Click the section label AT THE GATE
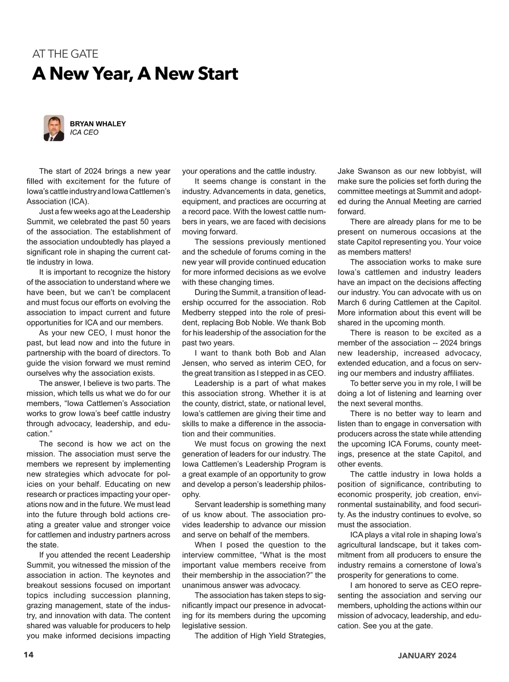point(65,54)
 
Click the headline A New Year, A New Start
point(135,74)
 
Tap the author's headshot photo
point(54,128)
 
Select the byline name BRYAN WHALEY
point(98,124)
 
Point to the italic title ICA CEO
point(84,132)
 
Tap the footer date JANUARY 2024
point(427,655)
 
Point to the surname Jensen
point(195,363)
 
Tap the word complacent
point(152,293)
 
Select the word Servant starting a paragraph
point(208,504)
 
